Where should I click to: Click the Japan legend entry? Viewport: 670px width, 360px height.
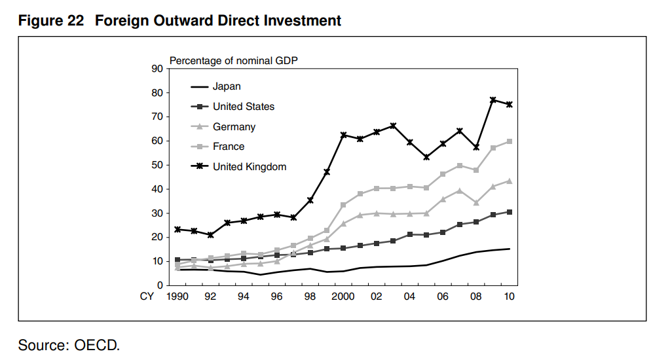click(x=227, y=86)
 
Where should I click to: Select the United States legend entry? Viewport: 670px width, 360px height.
click(x=244, y=107)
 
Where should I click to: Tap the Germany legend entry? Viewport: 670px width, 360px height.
click(x=234, y=127)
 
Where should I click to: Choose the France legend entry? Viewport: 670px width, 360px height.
click(x=229, y=147)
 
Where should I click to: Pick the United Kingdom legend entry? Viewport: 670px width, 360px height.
click(x=250, y=167)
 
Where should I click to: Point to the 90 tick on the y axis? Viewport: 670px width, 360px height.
click(x=157, y=69)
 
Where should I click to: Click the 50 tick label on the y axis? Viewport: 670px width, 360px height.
click(x=157, y=165)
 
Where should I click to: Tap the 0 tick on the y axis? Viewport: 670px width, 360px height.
click(x=160, y=285)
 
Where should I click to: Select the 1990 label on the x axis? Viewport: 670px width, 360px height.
click(x=177, y=297)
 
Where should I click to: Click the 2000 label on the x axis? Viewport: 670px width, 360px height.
click(x=343, y=297)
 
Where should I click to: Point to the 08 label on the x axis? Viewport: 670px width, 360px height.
click(x=476, y=297)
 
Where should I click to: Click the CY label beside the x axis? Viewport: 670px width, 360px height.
click(x=147, y=297)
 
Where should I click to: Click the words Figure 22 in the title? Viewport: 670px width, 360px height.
click(x=51, y=21)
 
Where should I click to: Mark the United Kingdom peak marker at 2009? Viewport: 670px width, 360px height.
click(x=493, y=100)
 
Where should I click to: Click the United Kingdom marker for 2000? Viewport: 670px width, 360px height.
click(x=343, y=135)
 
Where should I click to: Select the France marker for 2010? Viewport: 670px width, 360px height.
click(x=509, y=141)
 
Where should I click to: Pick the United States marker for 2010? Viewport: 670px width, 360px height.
click(x=509, y=212)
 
